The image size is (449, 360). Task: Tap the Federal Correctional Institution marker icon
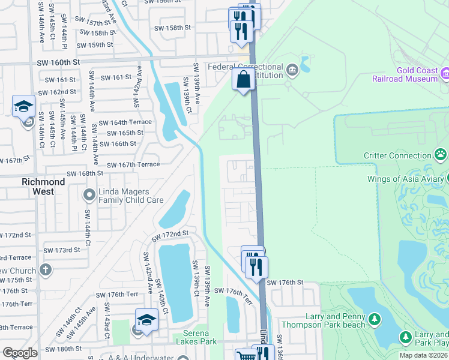coord(292,70)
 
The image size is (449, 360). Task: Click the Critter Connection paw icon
coord(441,155)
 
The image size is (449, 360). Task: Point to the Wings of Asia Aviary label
coord(405,179)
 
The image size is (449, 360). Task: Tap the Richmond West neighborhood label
coord(43,187)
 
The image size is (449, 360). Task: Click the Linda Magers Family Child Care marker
coord(89,194)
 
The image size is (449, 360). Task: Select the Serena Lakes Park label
coord(192,337)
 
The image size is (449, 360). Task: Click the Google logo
coord(20,353)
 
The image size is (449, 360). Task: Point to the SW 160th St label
coord(58,62)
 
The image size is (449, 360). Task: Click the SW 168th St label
coord(79,173)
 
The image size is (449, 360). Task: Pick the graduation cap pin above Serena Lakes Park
coord(146,320)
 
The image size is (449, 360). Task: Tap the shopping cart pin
coord(245,355)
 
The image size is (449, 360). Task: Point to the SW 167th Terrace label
coord(133,164)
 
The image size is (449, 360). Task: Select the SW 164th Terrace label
coord(126,122)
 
